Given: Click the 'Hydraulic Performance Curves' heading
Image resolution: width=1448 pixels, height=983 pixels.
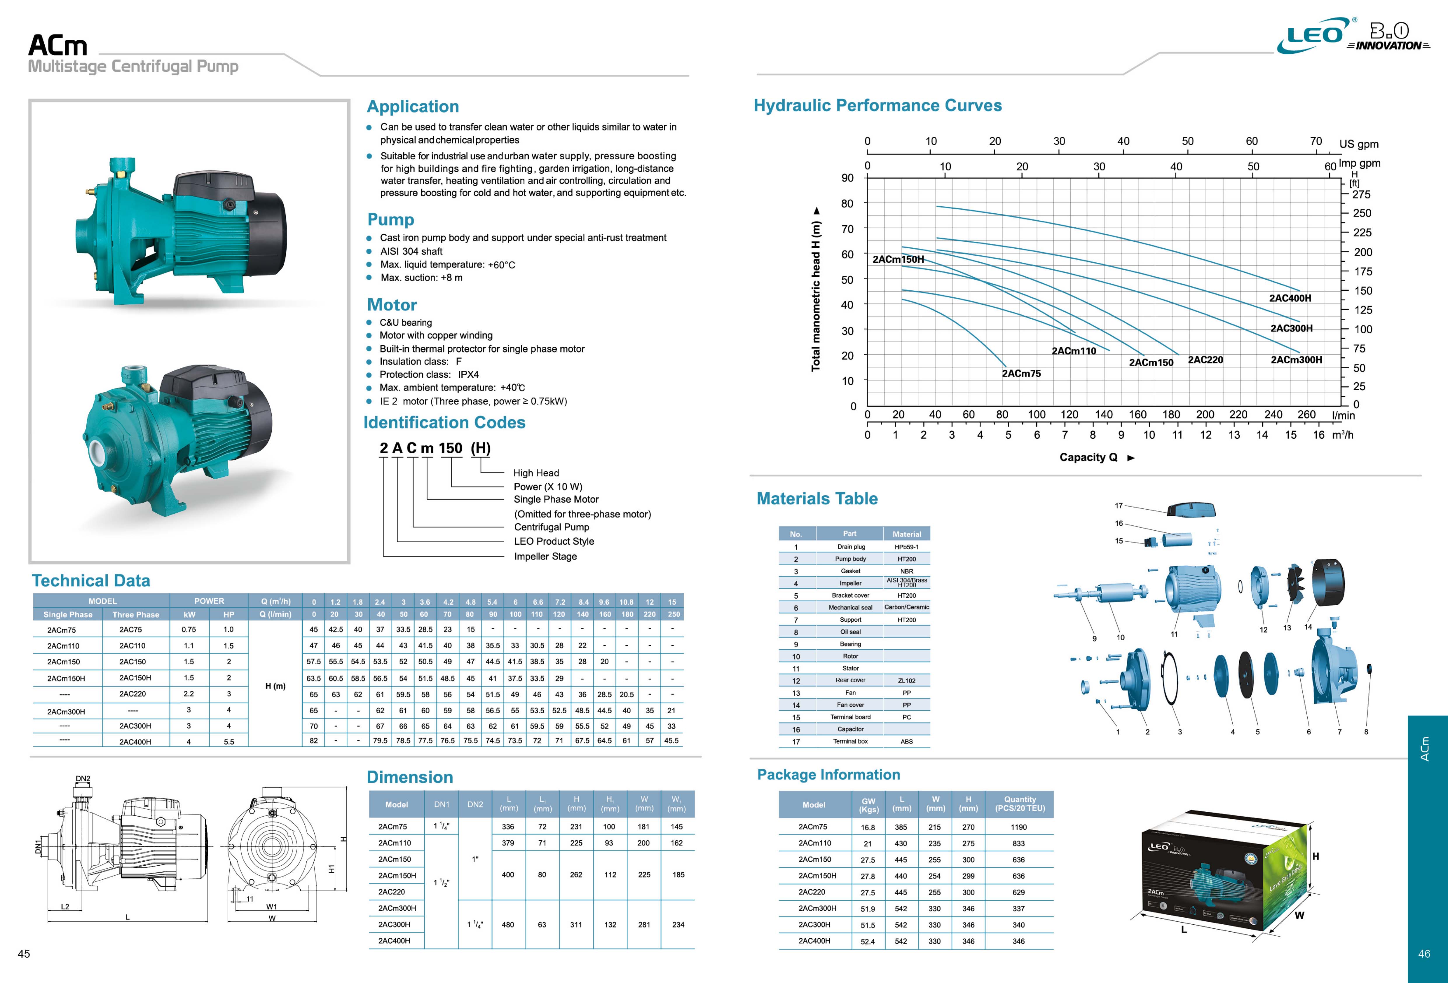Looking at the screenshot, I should (877, 105).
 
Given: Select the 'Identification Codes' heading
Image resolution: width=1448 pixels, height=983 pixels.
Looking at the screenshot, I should (444, 423).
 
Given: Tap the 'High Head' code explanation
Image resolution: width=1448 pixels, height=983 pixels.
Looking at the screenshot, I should (536, 473).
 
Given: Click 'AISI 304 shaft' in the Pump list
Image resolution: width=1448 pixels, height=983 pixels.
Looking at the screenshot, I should (411, 251).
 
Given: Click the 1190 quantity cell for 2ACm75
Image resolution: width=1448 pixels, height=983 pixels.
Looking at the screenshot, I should (1019, 827).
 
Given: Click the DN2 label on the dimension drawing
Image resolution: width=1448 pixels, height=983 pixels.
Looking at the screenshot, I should (83, 778).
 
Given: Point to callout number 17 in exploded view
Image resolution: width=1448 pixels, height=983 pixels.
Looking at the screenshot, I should (1119, 506).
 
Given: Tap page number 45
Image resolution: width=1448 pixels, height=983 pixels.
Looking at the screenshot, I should (24, 954).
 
